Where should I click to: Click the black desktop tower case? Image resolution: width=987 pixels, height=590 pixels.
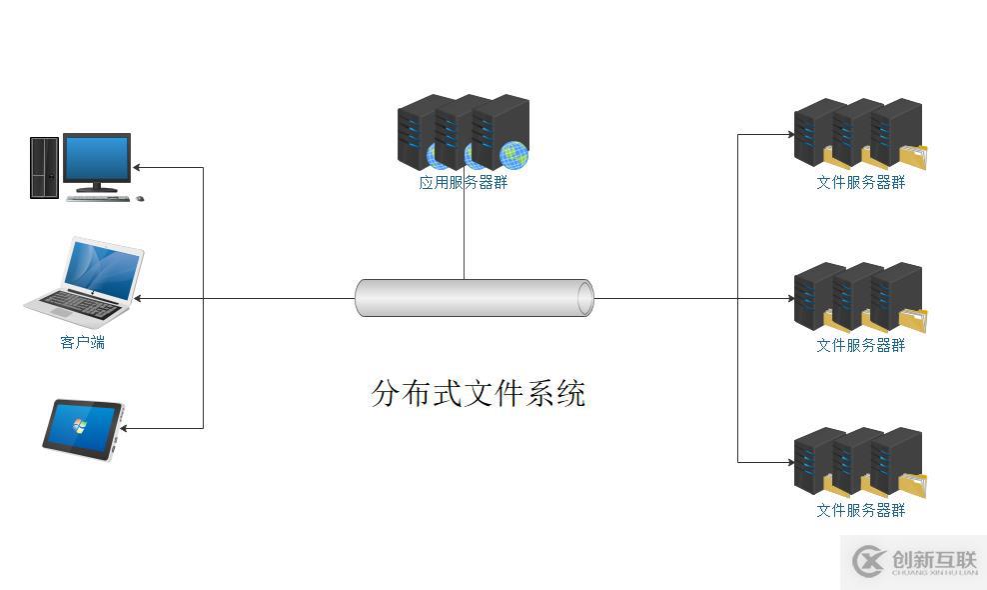(x=43, y=167)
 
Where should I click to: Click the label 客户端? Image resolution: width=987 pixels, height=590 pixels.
(x=83, y=343)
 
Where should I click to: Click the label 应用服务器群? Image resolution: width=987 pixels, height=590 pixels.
(x=464, y=183)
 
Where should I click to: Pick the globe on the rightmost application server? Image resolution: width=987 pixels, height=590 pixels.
(x=513, y=155)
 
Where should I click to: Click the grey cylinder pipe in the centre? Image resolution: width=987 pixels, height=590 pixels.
(x=475, y=298)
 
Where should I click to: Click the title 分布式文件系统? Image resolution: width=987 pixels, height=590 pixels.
(x=478, y=393)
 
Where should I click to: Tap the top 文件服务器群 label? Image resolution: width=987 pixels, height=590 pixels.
(x=860, y=182)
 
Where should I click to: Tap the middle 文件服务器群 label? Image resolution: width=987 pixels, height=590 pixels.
(x=860, y=345)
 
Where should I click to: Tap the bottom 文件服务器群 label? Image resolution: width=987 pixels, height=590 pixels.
(x=860, y=510)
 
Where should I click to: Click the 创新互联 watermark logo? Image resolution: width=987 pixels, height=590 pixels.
(x=913, y=562)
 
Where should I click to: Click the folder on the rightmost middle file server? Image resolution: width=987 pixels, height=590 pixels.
(x=913, y=320)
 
